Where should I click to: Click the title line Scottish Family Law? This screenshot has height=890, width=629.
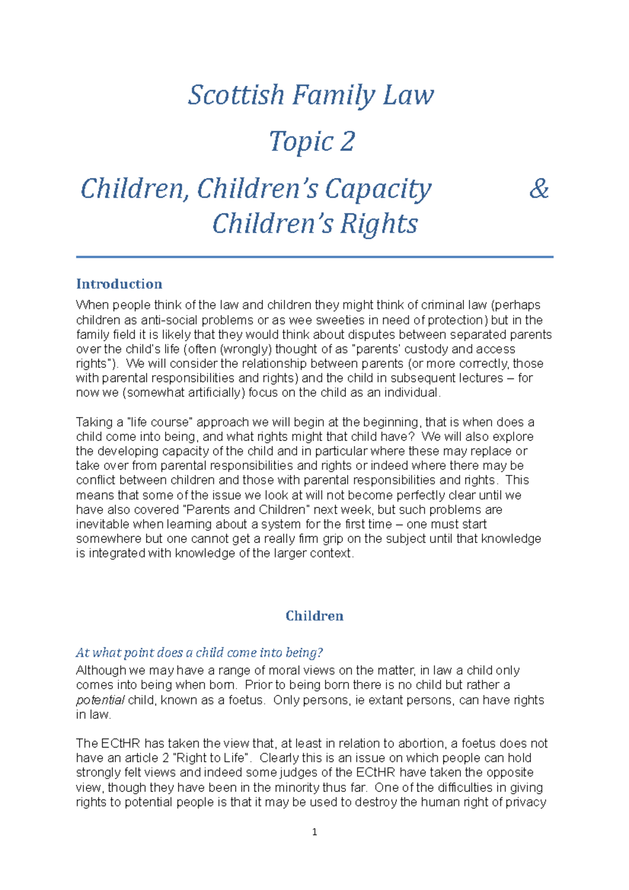pyautogui.click(x=311, y=95)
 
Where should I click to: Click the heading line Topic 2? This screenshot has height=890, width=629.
pyautogui.click(x=312, y=142)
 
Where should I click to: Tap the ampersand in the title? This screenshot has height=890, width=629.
pyautogui.click(x=538, y=189)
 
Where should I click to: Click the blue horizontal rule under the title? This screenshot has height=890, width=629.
pyautogui.click(x=314, y=257)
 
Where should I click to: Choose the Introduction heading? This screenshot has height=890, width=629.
pyautogui.click(x=119, y=284)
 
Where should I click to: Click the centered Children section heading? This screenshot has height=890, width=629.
pyautogui.click(x=314, y=616)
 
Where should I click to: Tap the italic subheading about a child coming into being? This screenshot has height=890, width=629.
pyautogui.click(x=199, y=653)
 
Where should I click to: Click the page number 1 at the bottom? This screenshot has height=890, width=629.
pyautogui.click(x=314, y=832)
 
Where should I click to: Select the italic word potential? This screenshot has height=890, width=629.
pyautogui.click(x=100, y=700)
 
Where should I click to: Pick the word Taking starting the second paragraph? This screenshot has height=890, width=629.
pyautogui.click(x=94, y=422)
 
